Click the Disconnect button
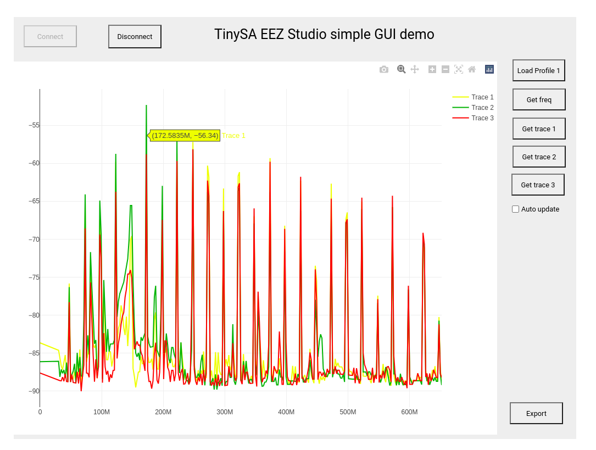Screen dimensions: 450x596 click(135, 37)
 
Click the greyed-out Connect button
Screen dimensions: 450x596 click(50, 37)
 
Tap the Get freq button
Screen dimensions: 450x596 click(538, 100)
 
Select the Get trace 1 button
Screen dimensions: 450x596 click(538, 129)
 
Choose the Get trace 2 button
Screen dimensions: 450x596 click(538, 157)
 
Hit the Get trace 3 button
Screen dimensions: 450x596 click(537, 185)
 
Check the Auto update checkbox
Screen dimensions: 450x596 click(515, 209)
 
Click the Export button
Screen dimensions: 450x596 click(536, 414)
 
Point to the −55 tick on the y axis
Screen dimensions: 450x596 click(34, 125)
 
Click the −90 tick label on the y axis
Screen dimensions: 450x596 click(34, 391)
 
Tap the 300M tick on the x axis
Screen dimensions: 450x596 click(225, 412)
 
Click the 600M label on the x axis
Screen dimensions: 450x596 click(409, 412)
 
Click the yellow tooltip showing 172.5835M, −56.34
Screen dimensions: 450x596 click(185, 136)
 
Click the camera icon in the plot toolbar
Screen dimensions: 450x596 click(384, 69)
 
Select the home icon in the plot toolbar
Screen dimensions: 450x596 click(472, 69)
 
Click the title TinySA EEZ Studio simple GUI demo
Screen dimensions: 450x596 click(324, 35)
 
